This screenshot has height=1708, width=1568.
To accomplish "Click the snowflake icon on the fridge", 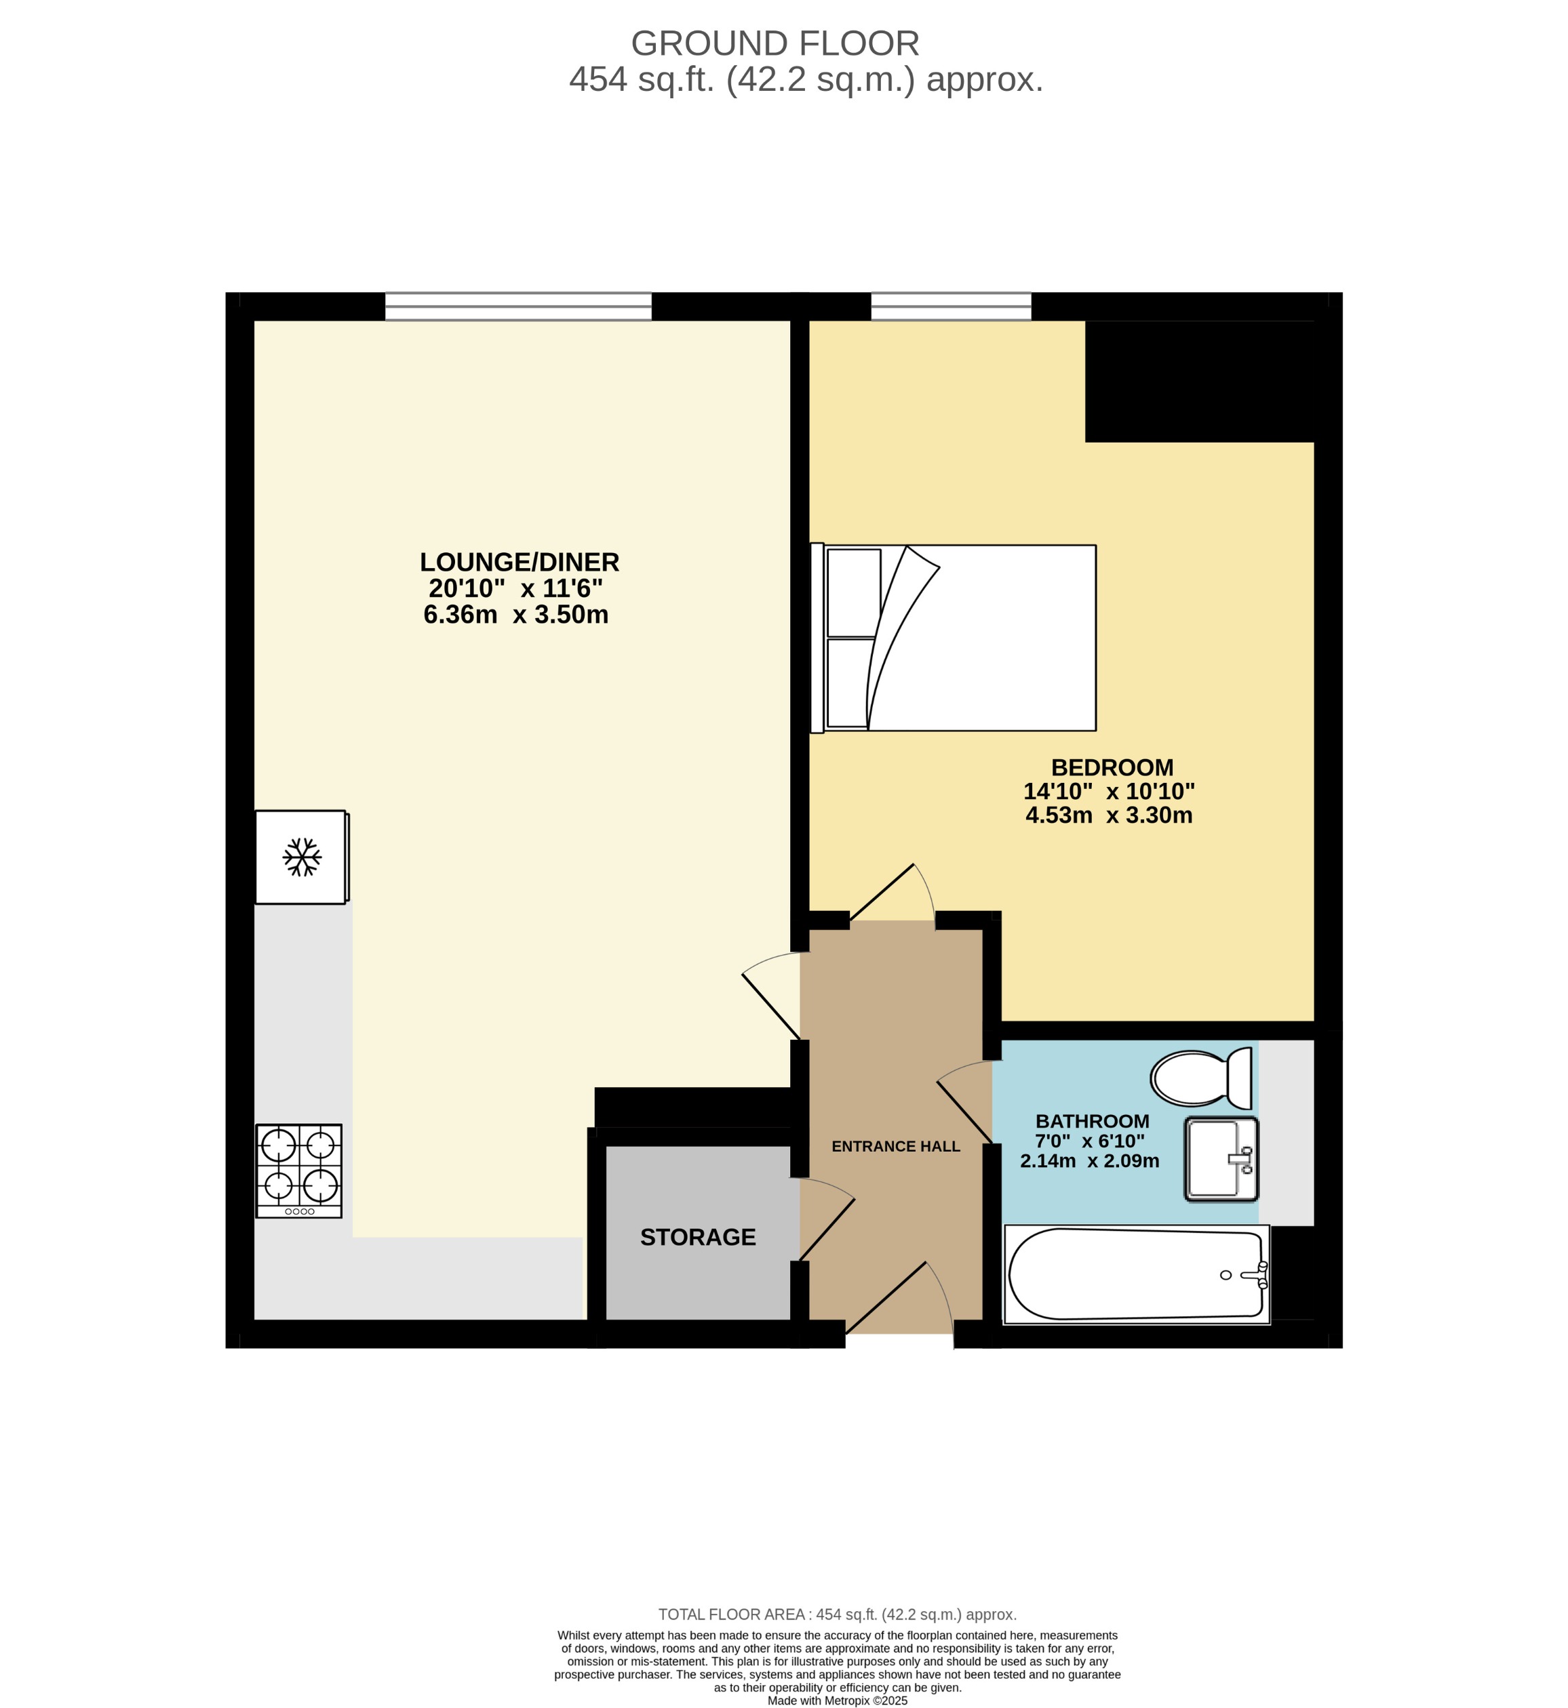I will coord(302,857).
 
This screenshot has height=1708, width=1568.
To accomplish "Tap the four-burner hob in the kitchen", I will coord(298,1171).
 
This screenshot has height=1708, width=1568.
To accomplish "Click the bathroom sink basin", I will coord(1220,1158).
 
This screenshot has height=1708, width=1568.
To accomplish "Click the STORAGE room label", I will coord(697,1238).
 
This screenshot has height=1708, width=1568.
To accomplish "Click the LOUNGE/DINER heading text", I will coord(520,563).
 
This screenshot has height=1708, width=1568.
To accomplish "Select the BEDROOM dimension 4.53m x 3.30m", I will coord(1108,816).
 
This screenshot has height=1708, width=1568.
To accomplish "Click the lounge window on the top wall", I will coord(517,306).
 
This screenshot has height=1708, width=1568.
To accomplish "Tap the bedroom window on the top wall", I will coord(950,306).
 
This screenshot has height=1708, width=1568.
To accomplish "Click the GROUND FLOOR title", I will coord(775,43).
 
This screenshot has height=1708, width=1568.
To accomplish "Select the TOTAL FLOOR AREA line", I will coord(837,1614).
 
